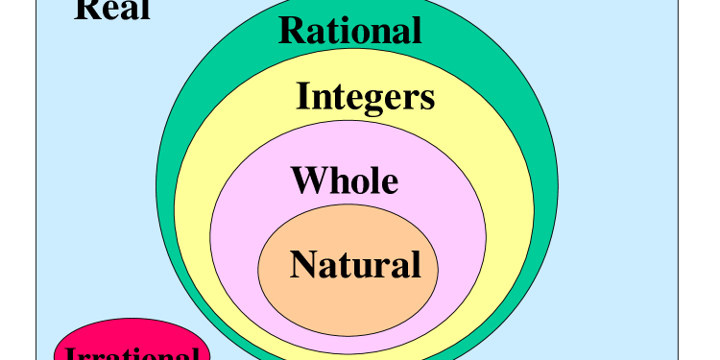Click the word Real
[x=112, y=10]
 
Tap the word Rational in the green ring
[x=349, y=30]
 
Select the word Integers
[x=365, y=96]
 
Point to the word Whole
[x=344, y=180]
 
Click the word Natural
[x=355, y=263]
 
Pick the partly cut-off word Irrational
[x=132, y=353]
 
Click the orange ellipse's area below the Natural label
[x=348, y=302]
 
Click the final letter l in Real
[x=145, y=9]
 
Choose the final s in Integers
[x=427, y=98]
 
